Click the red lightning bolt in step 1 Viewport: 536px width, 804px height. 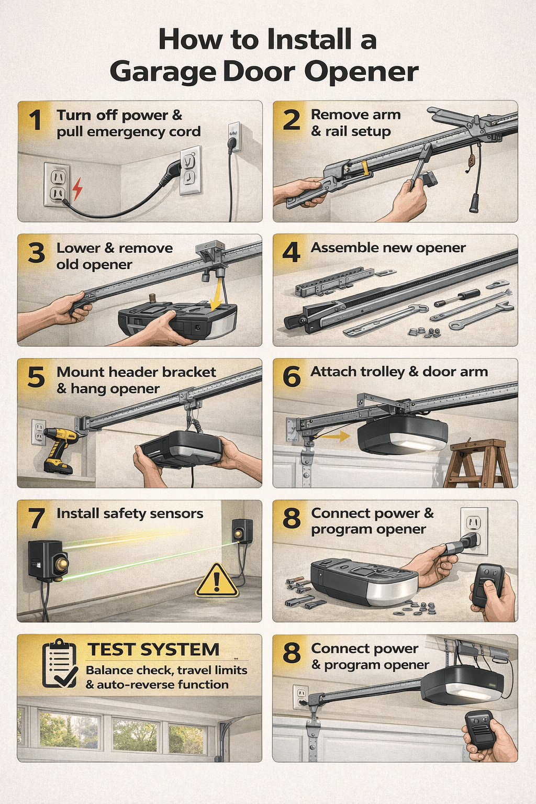point(77,189)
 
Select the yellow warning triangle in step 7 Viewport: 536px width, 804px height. point(217,581)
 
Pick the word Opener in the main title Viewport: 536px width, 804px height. point(361,72)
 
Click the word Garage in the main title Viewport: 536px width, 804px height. point(162,72)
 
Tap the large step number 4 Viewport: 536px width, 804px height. point(292,252)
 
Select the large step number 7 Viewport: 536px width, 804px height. point(37,518)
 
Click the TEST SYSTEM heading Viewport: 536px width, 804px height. point(153,650)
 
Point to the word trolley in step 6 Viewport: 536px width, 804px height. point(378,372)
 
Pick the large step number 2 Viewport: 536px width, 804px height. point(292,120)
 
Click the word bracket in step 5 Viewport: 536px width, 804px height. point(189,372)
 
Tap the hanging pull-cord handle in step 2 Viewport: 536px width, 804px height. point(474,203)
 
